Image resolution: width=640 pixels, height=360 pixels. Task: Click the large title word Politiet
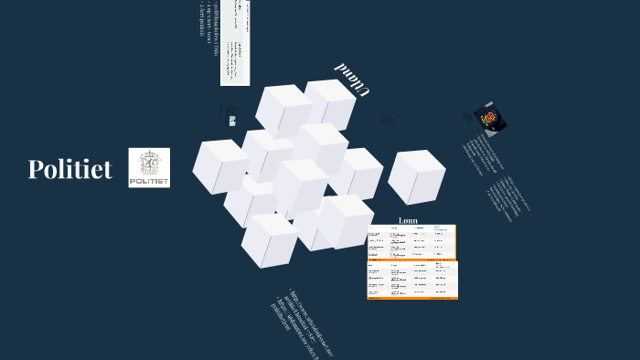pyautogui.click(x=70, y=169)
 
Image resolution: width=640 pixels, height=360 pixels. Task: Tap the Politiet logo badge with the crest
pyautogui.click(x=149, y=167)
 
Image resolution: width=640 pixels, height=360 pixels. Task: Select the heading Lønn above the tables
pyautogui.click(x=409, y=220)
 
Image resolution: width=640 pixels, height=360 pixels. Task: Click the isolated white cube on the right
pyautogui.click(x=417, y=176)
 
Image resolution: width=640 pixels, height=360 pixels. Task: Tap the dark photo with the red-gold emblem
pyautogui.click(x=490, y=119)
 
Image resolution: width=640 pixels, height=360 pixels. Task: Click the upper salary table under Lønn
pyautogui.click(x=411, y=242)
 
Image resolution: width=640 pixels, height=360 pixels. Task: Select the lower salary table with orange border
pyautogui.click(x=412, y=280)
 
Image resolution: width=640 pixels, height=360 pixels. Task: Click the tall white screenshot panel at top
pyautogui.click(x=235, y=42)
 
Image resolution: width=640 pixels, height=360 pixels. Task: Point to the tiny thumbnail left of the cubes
pyautogui.click(x=232, y=121)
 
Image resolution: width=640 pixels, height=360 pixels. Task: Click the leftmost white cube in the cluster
pyautogui.click(x=219, y=165)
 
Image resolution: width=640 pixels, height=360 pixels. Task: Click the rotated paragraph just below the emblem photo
pyautogui.click(x=483, y=155)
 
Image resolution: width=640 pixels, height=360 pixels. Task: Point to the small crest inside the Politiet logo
pyautogui.click(x=149, y=163)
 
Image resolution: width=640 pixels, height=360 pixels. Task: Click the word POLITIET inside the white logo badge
pyautogui.click(x=149, y=182)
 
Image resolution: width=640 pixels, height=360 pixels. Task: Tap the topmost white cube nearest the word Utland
pyautogui.click(x=328, y=102)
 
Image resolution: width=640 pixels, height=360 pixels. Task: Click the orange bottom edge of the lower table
pyautogui.click(x=412, y=299)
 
